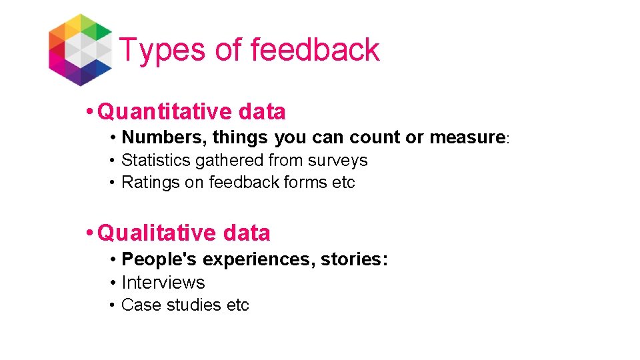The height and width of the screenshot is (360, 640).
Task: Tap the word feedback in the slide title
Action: (x=315, y=50)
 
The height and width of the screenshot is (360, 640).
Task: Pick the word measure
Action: (x=467, y=138)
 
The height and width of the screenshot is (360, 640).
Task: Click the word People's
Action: (x=160, y=259)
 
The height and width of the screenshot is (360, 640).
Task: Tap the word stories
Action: (x=354, y=259)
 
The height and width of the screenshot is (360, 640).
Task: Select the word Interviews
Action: (x=163, y=283)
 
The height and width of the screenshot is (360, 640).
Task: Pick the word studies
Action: (x=190, y=305)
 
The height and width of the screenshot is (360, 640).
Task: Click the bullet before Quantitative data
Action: (x=90, y=112)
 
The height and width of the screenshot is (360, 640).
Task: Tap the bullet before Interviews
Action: (x=114, y=283)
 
